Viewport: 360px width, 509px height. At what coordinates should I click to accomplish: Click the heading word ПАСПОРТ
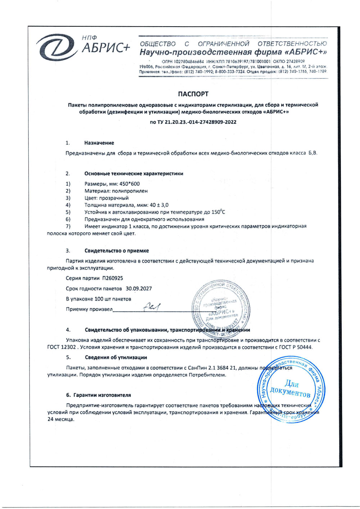pyautogui.click(x=193, y=94)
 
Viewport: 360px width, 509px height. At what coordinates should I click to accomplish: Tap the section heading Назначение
pyautogui.click(x=99, y=143)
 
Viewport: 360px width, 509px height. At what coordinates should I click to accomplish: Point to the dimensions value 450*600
pyautogui.click(x=130, y=184)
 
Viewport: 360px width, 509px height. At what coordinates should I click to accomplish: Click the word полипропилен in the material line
pyautogui.click(x=130, y=191)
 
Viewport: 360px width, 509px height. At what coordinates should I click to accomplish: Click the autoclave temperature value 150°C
pyautogui.click(x=218, y=212)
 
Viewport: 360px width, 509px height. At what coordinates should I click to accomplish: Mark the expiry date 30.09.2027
pyautogui.click(x=139, y=288)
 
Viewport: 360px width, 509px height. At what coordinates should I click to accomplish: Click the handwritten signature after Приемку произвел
pyautogui.click(x=152, y=307)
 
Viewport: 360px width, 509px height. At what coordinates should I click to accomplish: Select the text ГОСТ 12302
pyautogui.click(x=62, y=347)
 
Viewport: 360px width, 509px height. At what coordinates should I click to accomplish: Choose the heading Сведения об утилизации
pyautogui.click(x=116, y=357)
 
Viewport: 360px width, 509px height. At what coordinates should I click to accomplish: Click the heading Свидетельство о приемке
pyautogui.click(x=117, y=251)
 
